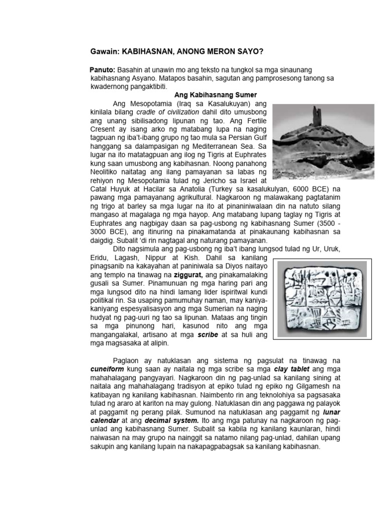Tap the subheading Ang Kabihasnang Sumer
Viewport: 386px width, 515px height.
click(x=215, y=95)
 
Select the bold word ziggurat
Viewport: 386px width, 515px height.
click(x=187, y=276)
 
